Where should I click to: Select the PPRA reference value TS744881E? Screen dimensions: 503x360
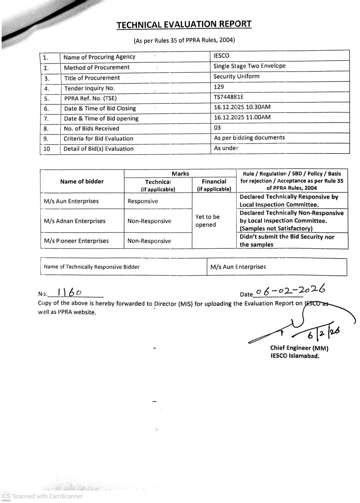tap(228, 97)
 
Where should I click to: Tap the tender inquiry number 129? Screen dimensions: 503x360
tap(219, 87)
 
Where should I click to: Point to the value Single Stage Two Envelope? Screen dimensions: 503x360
tap(249, 66)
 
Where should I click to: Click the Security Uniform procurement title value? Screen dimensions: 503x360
tap(236, 76)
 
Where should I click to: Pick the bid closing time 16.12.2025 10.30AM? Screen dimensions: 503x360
tap(242, 107)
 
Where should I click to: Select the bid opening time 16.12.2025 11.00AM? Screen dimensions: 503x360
tap(242, 117)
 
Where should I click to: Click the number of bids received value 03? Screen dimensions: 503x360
tap(217, 127)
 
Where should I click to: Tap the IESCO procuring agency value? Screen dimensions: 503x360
tap(221, 56)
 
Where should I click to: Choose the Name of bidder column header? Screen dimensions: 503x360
tap(82, 181)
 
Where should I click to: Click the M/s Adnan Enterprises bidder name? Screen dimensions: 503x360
tap(75, 221)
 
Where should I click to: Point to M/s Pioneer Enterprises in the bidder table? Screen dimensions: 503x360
tap(76, 241)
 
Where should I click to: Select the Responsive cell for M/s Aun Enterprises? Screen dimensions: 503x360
tap(143, 201)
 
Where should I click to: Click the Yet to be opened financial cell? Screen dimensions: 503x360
tap(207, 221)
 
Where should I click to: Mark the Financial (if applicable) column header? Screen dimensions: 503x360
tap(214, 185)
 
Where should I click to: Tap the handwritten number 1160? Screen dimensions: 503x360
tap(69, 292)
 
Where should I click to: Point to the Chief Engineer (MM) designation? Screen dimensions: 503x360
tap(299, 348)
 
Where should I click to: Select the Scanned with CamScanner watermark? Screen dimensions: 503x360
tap(42, 496)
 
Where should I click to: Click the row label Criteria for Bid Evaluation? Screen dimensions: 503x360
tap(98, 139)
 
